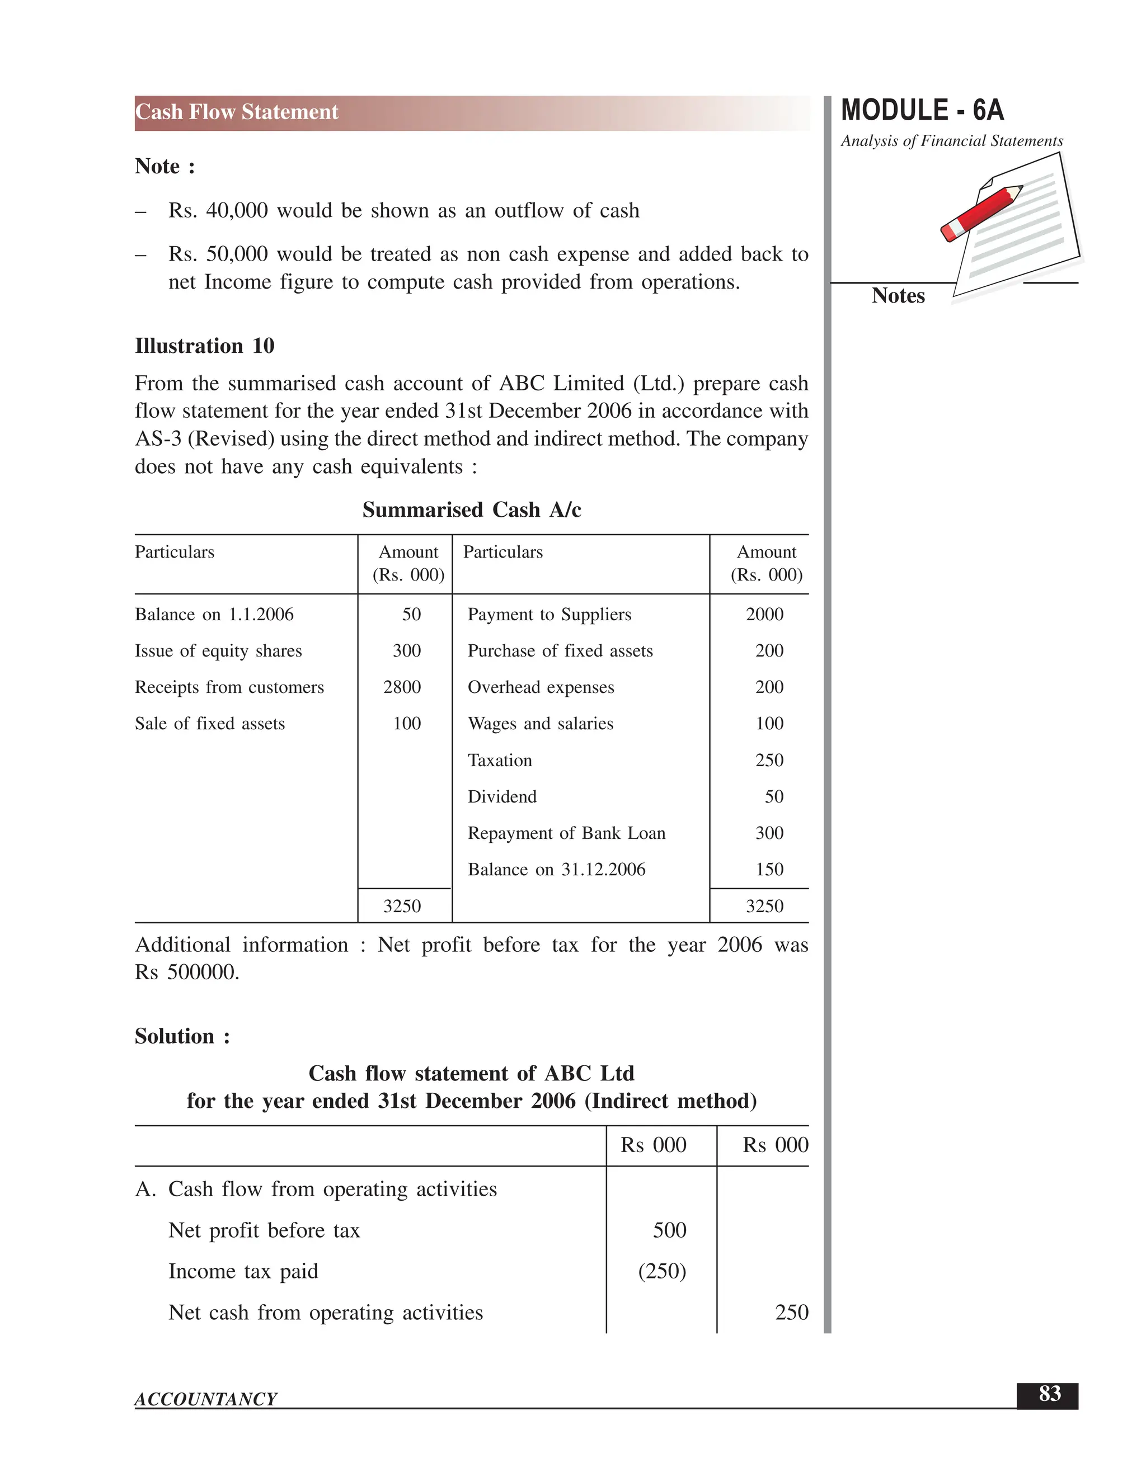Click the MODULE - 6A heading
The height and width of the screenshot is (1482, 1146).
point(922,111)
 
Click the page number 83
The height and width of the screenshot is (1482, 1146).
point(1049,1393)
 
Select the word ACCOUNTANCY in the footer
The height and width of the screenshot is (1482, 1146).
point(206,1399)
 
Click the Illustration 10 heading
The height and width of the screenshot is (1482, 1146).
point(204,346)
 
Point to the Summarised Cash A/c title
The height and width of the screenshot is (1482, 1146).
point(471,509)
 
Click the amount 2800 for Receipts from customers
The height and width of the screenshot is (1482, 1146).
point(402,687)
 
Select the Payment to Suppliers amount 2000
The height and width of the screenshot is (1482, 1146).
point(764,614)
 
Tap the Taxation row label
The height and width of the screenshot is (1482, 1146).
point(500,760)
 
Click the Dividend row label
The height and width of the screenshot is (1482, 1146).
point(502,796)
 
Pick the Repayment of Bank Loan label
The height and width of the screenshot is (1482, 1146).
point(566,833)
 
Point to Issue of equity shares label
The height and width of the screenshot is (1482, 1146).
point(218,651)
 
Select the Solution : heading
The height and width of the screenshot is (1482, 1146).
point(182,1036)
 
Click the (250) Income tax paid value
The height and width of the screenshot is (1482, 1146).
point(662,1271)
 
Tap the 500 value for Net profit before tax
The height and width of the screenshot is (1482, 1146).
point(669,1230)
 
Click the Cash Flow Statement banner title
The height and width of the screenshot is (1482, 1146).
point(236,112)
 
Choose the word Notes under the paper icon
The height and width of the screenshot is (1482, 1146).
point(898,296)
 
